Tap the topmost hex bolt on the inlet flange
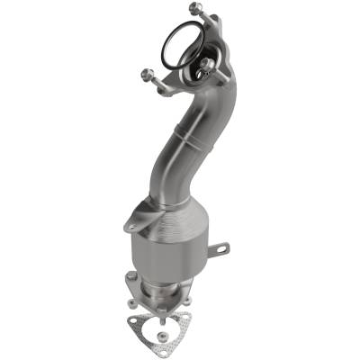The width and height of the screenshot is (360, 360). tap(194, 9)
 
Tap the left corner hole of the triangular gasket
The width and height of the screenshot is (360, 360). tap(134, 320)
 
